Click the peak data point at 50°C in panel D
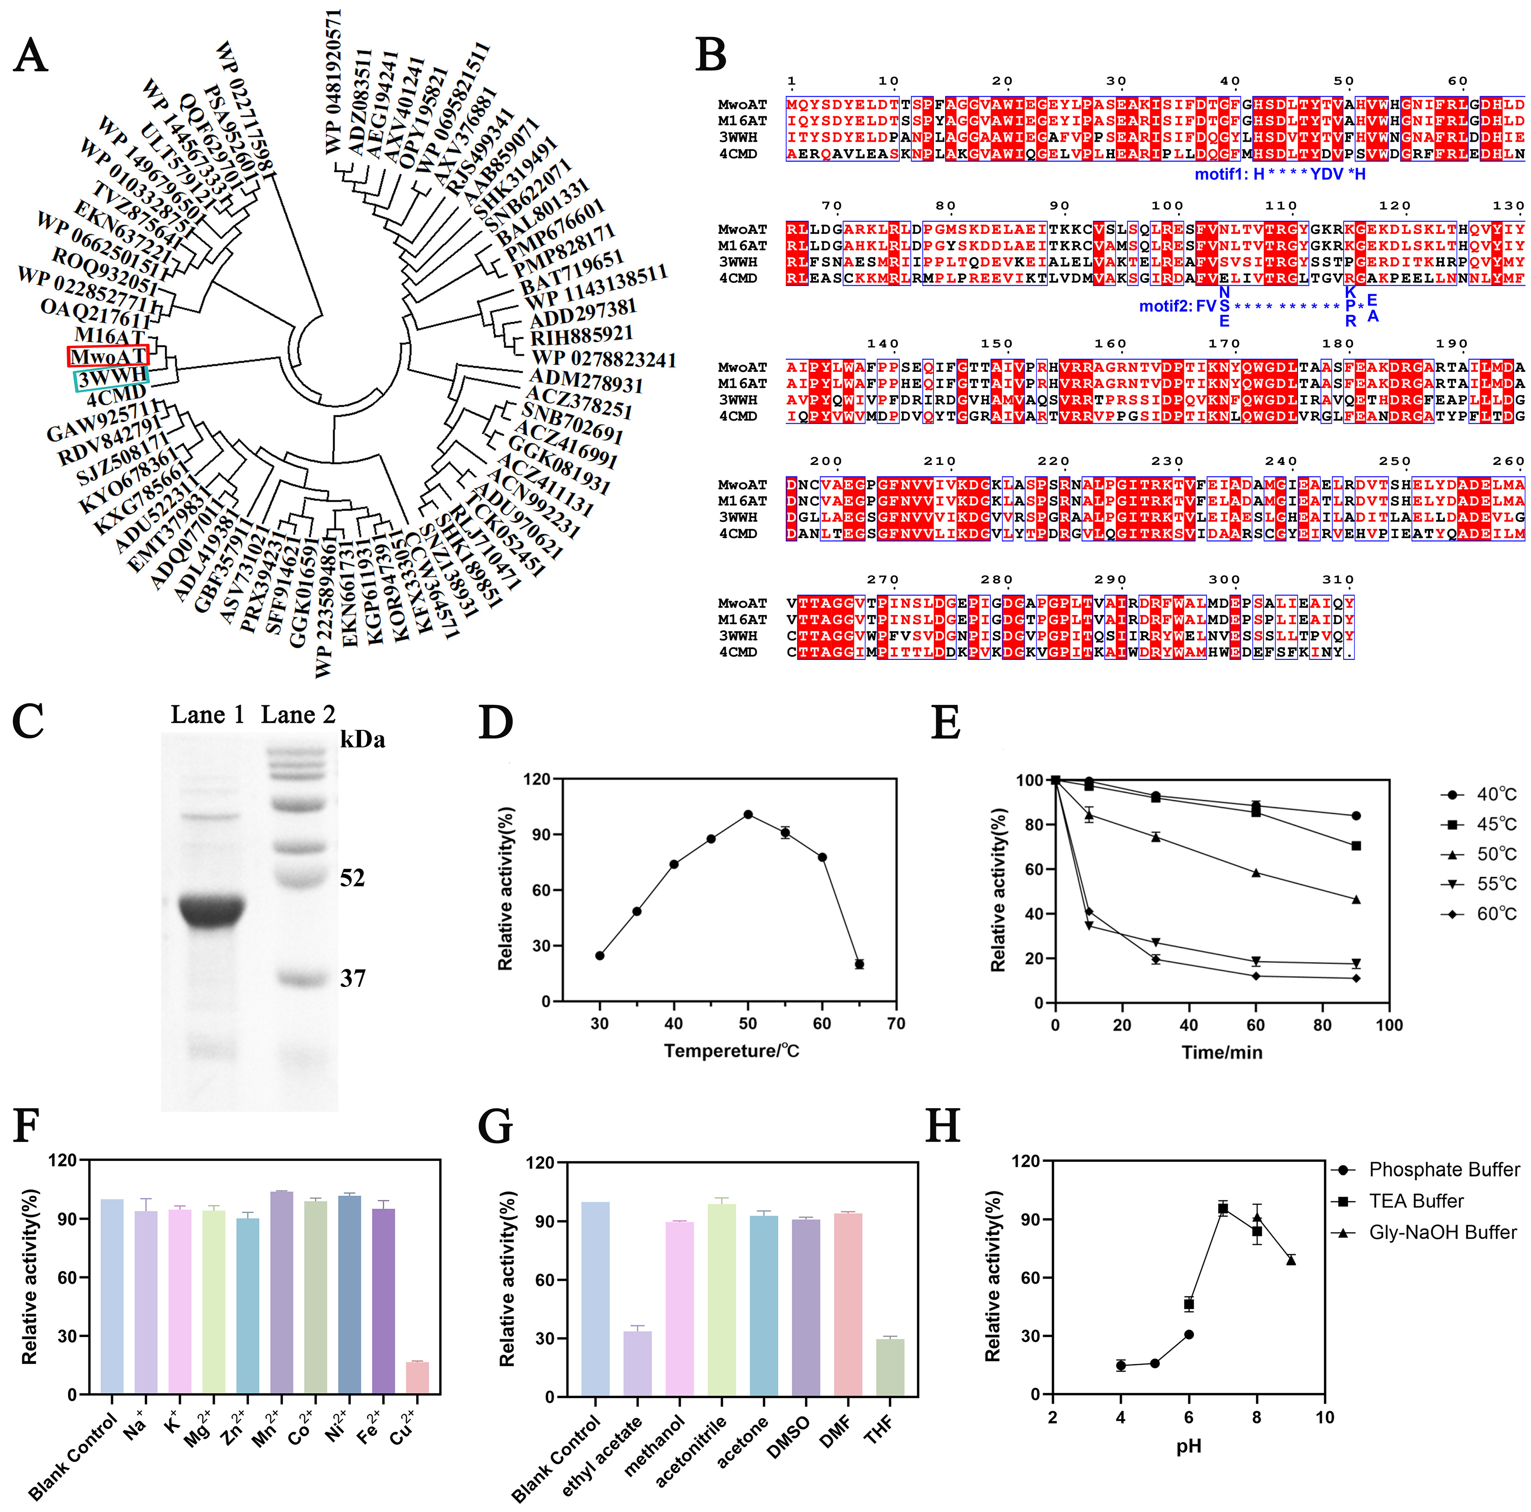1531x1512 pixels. [x=748, y=814]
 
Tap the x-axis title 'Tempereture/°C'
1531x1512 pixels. [x=731, y=1051]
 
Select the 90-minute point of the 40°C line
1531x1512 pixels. [x=1356, y=816]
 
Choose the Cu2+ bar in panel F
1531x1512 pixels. [x=417, y=1377]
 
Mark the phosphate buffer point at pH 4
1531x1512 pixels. [x=1120, y=1365]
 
